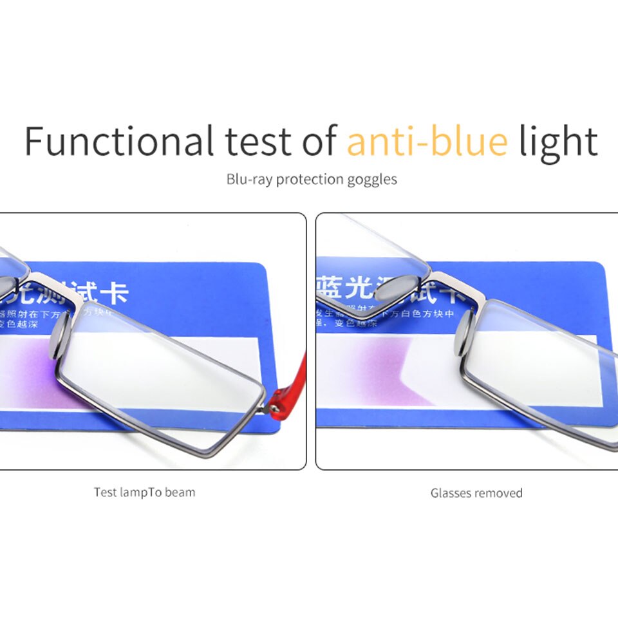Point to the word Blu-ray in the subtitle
pos(250,179)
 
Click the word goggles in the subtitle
pos(373,180)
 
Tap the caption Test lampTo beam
pos(144,492)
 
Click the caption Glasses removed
pos(476,493)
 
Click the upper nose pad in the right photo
pos(400,288)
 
